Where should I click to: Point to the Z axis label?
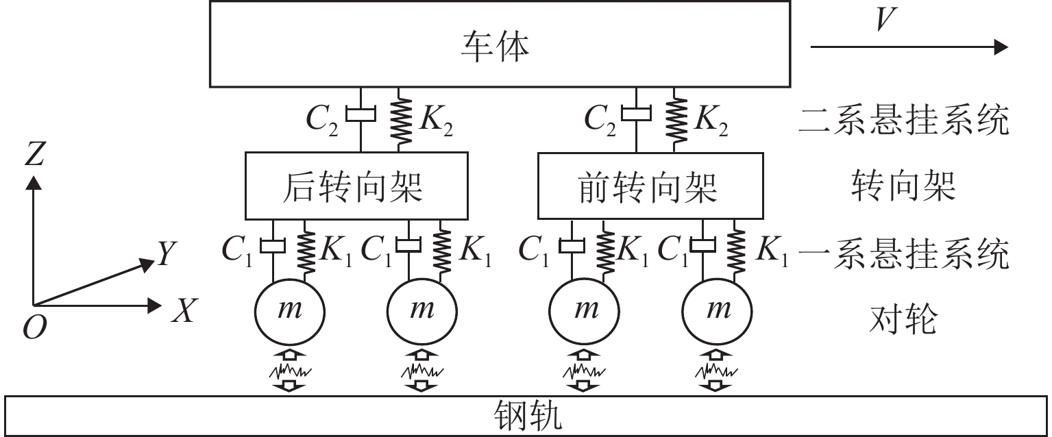[32, 154]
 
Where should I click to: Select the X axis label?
[182, 312]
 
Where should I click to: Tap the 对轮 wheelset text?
[903, 321]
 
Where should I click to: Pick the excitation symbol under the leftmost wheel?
[290, 372]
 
